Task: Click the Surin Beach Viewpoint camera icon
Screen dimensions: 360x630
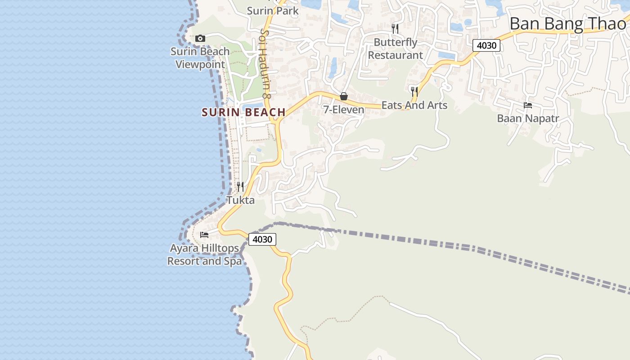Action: (200, 39)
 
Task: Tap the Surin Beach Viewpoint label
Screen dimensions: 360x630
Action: (200, 58)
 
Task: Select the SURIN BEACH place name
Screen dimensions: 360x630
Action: (243, 112)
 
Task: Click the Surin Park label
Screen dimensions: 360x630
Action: (273, 11)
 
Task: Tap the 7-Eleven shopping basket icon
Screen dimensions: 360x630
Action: (344, 96)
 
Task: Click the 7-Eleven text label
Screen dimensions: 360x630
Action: (344, 110)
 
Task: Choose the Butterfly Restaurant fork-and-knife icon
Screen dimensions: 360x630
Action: (395, 29)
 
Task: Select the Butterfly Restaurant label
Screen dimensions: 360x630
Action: (396, 49)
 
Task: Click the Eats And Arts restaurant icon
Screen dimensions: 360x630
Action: (414, 92)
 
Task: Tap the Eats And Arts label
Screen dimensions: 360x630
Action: (414, 105)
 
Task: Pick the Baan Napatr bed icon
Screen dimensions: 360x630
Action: (528, 105)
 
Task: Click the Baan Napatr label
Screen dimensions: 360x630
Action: (528, 119)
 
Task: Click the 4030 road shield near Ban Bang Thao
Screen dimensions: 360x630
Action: (486, 45)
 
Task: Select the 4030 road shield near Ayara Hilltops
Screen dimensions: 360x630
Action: (262, 239)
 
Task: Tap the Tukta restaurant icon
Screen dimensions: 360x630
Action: (240, 186)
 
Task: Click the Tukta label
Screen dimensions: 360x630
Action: (240, 200)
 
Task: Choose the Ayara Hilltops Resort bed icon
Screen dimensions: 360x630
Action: (204, 234)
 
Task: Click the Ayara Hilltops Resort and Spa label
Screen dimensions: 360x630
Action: (204, 255)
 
